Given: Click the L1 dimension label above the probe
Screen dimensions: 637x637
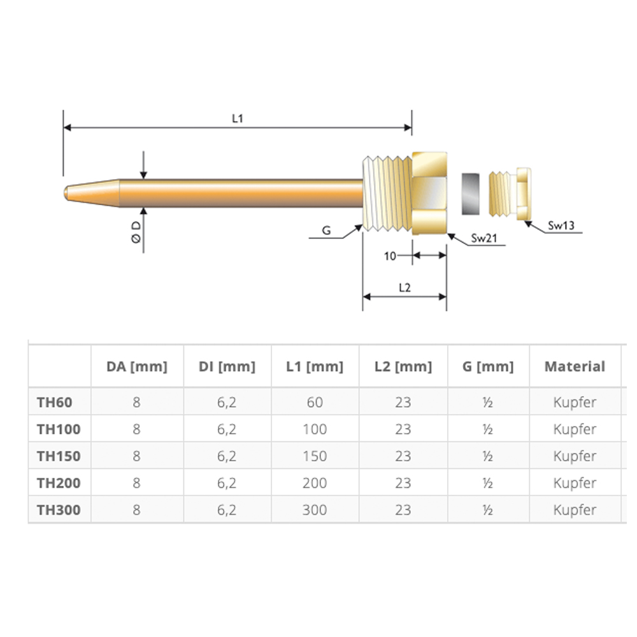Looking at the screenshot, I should [x=237, y=118].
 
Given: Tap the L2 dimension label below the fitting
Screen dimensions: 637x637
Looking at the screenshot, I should [x=404, y=287].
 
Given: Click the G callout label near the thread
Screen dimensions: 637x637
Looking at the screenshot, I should [x=326, y=231].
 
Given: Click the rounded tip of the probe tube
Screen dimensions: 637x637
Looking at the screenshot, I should [x=68, y=191].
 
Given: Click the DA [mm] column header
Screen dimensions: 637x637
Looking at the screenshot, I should [x=136, y=367].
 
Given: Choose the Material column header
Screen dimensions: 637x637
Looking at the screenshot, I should [x=575, y=367].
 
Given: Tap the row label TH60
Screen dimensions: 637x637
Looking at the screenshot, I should [x=54, y=403].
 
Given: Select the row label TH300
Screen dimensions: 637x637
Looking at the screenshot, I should [x=59, y=510].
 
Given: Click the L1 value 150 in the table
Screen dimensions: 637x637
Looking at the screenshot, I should [x=315, y=457].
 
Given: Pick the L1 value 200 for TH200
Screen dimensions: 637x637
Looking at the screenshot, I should [x=315, y=483].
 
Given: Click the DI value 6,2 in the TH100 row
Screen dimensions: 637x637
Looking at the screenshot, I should [x=227, y=430].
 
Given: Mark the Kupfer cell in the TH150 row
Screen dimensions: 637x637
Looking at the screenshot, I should [x=575, y=457].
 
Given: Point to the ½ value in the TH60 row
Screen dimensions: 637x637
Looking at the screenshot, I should [x=488, y=403].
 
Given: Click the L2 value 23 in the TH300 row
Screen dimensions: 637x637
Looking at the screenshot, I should [x=403, y=510].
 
